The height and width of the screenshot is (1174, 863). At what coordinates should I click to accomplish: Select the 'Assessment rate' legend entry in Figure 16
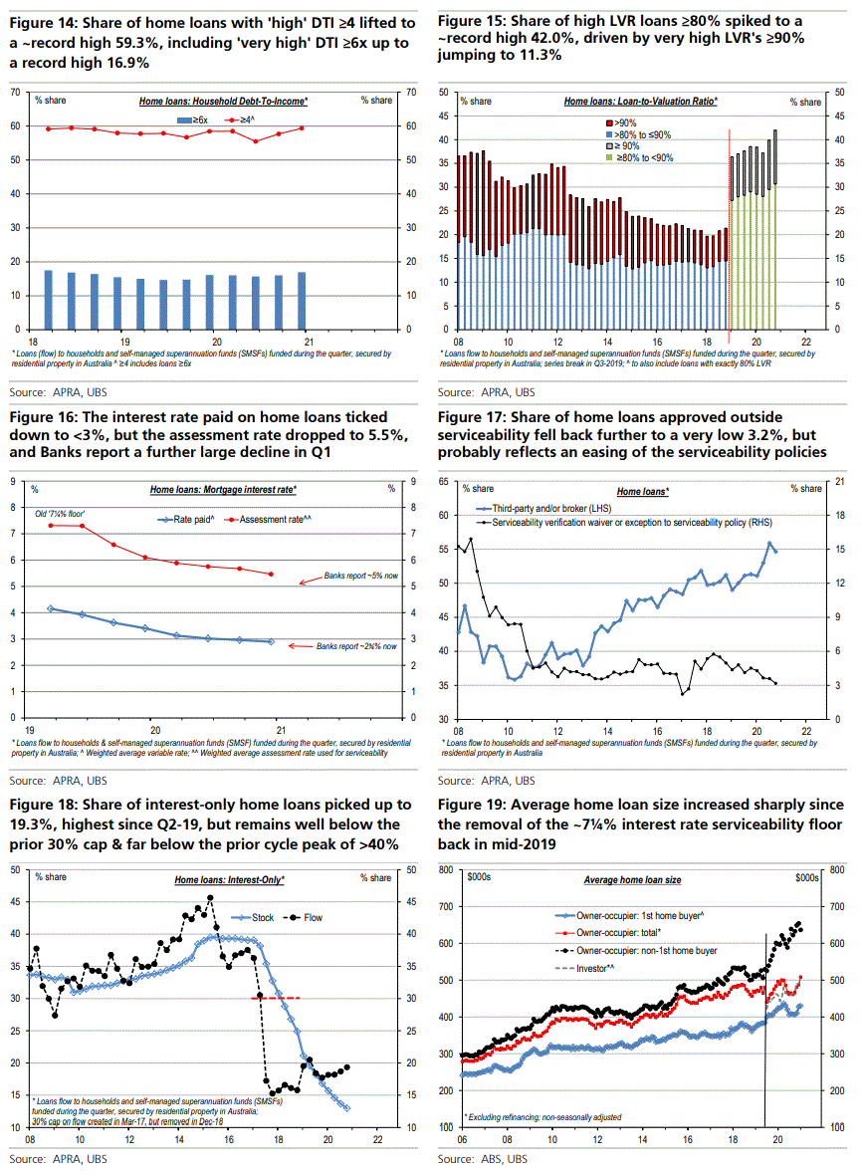pos(264,519)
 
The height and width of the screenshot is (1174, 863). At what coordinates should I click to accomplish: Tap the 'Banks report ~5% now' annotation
pos(359,577)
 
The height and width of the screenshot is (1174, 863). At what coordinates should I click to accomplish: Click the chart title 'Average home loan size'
pos(632,880)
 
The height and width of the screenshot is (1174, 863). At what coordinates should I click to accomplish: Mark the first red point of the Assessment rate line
pos(50,525)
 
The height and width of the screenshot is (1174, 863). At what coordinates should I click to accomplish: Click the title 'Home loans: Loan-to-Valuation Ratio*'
pos(641,102)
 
